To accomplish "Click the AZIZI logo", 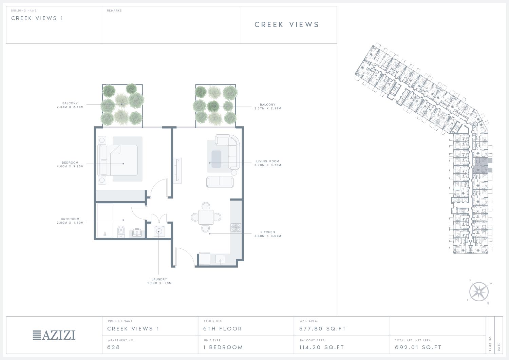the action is point(54,335).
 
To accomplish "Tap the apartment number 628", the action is point(113,347).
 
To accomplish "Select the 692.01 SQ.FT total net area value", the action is point(418,347).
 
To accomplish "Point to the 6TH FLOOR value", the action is point(223,329).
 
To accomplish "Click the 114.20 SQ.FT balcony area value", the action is point(322,347).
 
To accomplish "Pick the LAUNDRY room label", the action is point(159,279).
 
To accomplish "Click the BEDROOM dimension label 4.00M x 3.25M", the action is point(70,166).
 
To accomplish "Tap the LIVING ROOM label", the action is point(268,161).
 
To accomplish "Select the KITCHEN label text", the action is point(268,232).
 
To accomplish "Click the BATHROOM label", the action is point(70,219).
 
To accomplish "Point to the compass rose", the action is point(479,292).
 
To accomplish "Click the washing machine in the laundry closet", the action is point(159,231).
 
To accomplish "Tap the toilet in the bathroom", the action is point(121,232).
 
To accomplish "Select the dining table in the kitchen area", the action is point(206,217).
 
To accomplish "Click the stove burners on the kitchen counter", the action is point(236,227).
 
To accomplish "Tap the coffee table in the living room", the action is point(216,159).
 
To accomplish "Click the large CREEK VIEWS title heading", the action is point(287,24).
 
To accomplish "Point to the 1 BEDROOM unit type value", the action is point(223,347).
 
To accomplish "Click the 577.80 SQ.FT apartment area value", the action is point(322,329).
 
